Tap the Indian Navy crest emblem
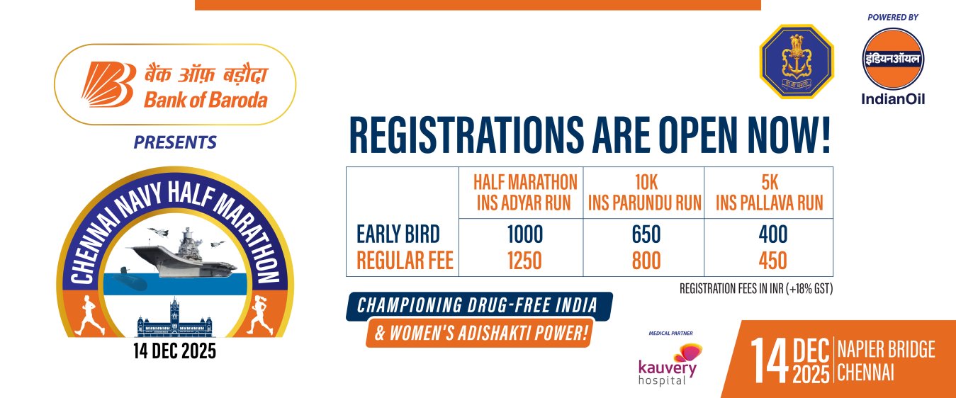[x=797, y=62]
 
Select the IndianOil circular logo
[x=893, y=59]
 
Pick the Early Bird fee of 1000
[x=525, y=234]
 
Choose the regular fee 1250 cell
[x=524, y=261]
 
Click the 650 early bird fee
[x=646, y=234]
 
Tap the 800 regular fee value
[x=646, y=261]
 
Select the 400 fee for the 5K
[x=773, y=234]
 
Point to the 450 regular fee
[x=772, y=261]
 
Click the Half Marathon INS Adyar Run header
[x=525, y=193]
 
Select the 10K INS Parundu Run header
[x=645, y=193]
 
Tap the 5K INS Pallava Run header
[x=770, y=193]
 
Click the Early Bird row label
[x=398, y=234]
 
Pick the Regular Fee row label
[x=405, y=261]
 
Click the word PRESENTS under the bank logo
[x=176, y=142]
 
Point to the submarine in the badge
[x=128, y=280]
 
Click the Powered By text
[x=893, y=18]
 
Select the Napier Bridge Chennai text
[x=886, y=361]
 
